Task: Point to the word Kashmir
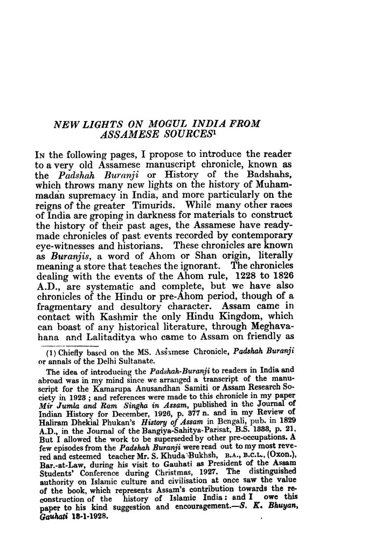point(120,318)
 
